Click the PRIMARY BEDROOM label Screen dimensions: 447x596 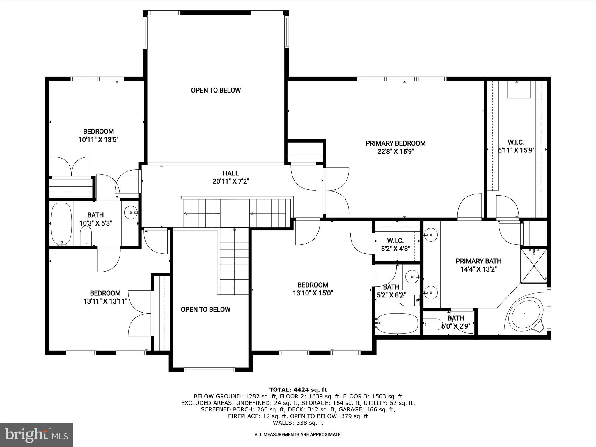coord(395,143)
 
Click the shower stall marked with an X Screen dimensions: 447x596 coord(534,266)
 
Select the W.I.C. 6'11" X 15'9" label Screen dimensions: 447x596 coord(516,146)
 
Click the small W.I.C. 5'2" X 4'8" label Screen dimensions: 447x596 coord(395,244)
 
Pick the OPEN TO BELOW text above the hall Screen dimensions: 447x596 coord(216,90)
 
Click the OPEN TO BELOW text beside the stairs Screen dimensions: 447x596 coord(205,309)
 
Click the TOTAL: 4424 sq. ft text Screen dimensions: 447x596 coord(298,390)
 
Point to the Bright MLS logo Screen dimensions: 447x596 coord(36,435)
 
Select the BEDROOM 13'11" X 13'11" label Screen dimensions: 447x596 coord(105,297)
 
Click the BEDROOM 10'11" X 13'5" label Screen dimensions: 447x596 coord(98,135)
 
